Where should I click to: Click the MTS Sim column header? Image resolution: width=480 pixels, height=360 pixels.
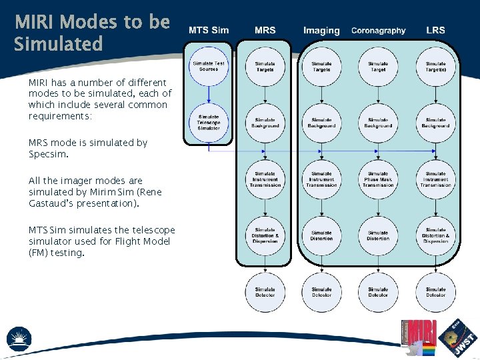[x=208, y=30]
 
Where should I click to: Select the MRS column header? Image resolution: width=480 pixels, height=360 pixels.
[x=265, y=30]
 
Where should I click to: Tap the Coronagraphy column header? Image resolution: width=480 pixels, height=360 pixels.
[x=378, y=30]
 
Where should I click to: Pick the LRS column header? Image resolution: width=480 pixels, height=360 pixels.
[x=435, y=30]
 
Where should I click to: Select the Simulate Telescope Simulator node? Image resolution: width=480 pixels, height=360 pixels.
[x=209, y=123]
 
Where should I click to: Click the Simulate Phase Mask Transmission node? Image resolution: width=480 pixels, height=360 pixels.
[x=378, y=179]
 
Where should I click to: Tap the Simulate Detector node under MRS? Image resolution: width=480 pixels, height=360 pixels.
[x=265, y=292]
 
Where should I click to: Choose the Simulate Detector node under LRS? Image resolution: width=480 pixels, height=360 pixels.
[x=435, y=292]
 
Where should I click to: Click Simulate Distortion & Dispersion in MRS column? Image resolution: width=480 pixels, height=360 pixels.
[x=265, y=235]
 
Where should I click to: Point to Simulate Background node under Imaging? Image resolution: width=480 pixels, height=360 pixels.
[x=321, y=123]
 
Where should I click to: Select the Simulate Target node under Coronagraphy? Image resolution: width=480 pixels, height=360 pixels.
[x=378, y=66]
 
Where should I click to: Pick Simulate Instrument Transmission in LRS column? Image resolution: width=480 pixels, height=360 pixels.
[x=435, y=179]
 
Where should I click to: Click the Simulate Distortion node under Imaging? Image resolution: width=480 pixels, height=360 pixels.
[x=321, y=235]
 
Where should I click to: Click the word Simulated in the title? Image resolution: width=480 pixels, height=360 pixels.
[x=59, y=45]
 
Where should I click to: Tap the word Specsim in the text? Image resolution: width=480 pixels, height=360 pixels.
[x=49, y=154]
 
